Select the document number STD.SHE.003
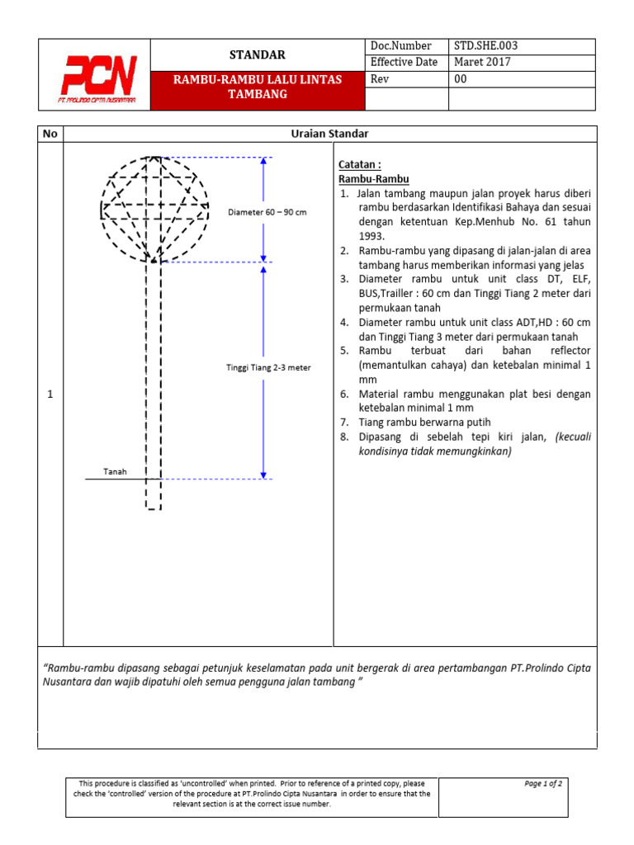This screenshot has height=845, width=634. point(486,46)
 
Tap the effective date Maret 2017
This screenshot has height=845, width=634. point(482,62)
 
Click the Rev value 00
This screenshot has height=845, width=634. point(461,79)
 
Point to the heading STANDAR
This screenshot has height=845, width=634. point(257,54)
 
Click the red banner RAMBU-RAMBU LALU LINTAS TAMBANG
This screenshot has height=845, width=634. point(257,87)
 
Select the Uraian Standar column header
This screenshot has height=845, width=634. point(329,134)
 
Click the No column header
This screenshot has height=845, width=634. point(50,134)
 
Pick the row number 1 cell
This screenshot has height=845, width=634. point(50,395)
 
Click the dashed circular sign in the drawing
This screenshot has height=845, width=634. point(154,206)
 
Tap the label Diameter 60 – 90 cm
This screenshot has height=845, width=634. point(267,212)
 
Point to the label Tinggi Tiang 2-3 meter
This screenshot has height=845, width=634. point(268,367)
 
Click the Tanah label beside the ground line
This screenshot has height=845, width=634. point(114,471)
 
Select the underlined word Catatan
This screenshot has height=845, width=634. point(359,164)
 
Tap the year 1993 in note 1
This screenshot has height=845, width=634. point(372,236)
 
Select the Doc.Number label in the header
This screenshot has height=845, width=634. point(395,46)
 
